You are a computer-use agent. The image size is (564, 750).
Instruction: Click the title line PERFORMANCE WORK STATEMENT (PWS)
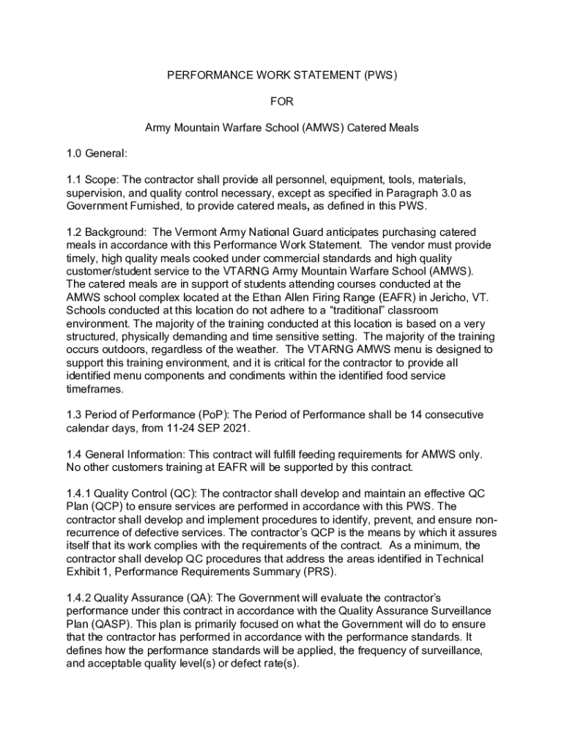point(282,75)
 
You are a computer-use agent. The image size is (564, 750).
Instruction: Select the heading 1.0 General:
point(97,154)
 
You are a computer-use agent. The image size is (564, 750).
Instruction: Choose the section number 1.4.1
point(78,493)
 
